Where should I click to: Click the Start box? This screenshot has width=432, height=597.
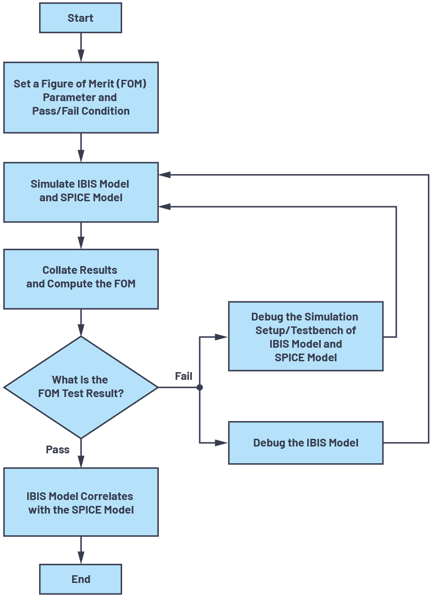80,18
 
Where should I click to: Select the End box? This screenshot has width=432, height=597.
80,579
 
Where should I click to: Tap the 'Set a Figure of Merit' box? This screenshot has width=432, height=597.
81,97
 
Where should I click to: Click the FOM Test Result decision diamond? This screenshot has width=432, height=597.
81,387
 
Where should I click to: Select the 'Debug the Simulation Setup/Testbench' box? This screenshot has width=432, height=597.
305,336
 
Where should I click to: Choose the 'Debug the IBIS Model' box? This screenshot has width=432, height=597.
305,443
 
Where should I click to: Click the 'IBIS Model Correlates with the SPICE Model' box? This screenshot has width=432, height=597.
81,502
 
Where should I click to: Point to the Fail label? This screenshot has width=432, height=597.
183,376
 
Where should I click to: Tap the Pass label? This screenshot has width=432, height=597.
58,450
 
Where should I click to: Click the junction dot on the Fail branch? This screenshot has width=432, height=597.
200,388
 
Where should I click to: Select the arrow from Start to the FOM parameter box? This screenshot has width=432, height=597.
81,47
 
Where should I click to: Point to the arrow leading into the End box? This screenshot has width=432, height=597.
81,550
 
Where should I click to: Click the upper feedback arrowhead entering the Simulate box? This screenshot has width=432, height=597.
165,175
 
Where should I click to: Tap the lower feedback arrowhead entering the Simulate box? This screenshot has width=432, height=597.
165,207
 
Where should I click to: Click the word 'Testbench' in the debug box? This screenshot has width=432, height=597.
323,330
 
